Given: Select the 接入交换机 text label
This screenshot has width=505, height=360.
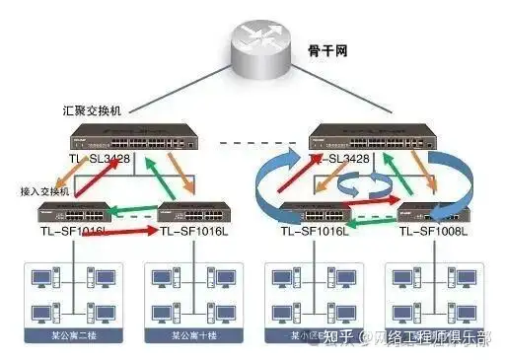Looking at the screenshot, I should [45, 192].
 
